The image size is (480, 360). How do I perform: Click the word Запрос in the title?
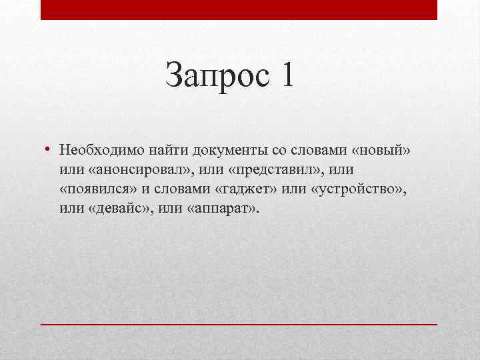click(215, 75)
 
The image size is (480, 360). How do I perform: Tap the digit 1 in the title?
click(287, 75)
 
